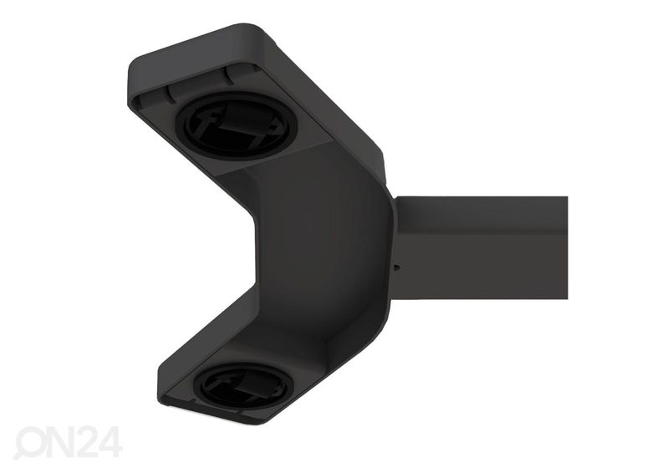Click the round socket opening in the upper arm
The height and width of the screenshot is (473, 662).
click(236, 125)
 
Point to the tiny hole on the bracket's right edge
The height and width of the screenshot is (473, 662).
click(395, 267)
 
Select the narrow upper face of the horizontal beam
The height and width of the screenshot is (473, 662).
click(481, 213)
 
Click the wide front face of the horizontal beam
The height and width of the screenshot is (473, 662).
click(481, 266)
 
